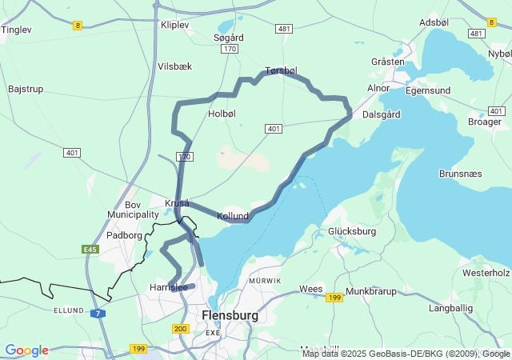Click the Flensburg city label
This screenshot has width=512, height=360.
tap(230, 315)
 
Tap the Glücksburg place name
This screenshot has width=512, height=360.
tap(352, 232)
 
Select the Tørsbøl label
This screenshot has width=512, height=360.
tap(281, 70)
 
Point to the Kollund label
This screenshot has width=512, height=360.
tap(233, 217)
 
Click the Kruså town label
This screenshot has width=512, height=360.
tap(177, 203)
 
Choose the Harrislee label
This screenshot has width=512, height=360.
tap(168, 287)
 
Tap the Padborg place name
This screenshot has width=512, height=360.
tap(125, 236)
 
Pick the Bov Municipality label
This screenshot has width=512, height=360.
tap(133, 210)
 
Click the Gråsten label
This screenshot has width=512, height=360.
tap(388, 62)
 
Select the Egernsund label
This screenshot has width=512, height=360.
tap(428, 90)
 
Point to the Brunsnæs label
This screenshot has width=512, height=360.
tap(462, 173)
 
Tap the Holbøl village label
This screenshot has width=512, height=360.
tap(222, 114)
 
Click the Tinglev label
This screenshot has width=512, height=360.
tap(16, 30)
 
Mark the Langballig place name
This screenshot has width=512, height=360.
tap(450, 307)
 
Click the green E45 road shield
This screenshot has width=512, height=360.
tap(90, 250)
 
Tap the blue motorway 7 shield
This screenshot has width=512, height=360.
tap(97, 314)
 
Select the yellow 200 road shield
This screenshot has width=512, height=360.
tap(180, 329)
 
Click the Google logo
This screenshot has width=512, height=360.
tap(26, 350)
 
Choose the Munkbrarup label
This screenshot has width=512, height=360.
tap(372, 292)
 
